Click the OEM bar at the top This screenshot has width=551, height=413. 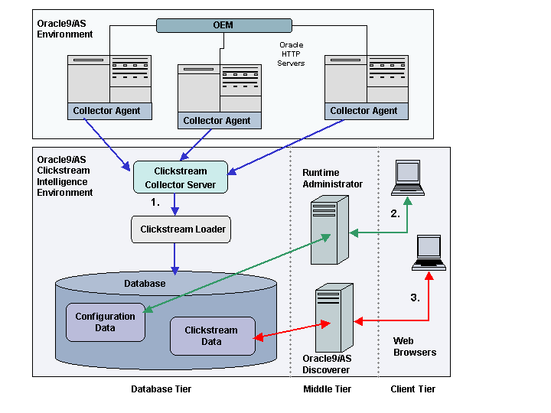tap(223, 25)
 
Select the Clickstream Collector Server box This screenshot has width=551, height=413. tap(181, 178)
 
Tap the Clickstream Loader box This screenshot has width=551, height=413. tap(183, 229)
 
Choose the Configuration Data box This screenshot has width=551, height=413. tap(106, 322)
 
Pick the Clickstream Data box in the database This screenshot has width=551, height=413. tap(212, 336)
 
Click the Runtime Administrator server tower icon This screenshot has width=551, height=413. tap(330, 229)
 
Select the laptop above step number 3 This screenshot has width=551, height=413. tap(429, 252)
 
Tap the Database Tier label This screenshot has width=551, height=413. tap(161, 389)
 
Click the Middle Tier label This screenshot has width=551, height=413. tap(328, 389)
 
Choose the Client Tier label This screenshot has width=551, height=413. tap(413, 389)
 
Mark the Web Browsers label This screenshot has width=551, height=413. tap(415, 346)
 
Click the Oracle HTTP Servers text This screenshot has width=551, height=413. tap(291, 54)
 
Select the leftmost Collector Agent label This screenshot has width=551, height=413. tap(106, 111)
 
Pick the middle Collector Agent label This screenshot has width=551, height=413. tap(217, 121)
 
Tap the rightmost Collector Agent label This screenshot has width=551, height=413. tap(364, 111)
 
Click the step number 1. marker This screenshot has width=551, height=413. tap(155, 203)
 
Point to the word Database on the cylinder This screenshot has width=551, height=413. tap(145, 284)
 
